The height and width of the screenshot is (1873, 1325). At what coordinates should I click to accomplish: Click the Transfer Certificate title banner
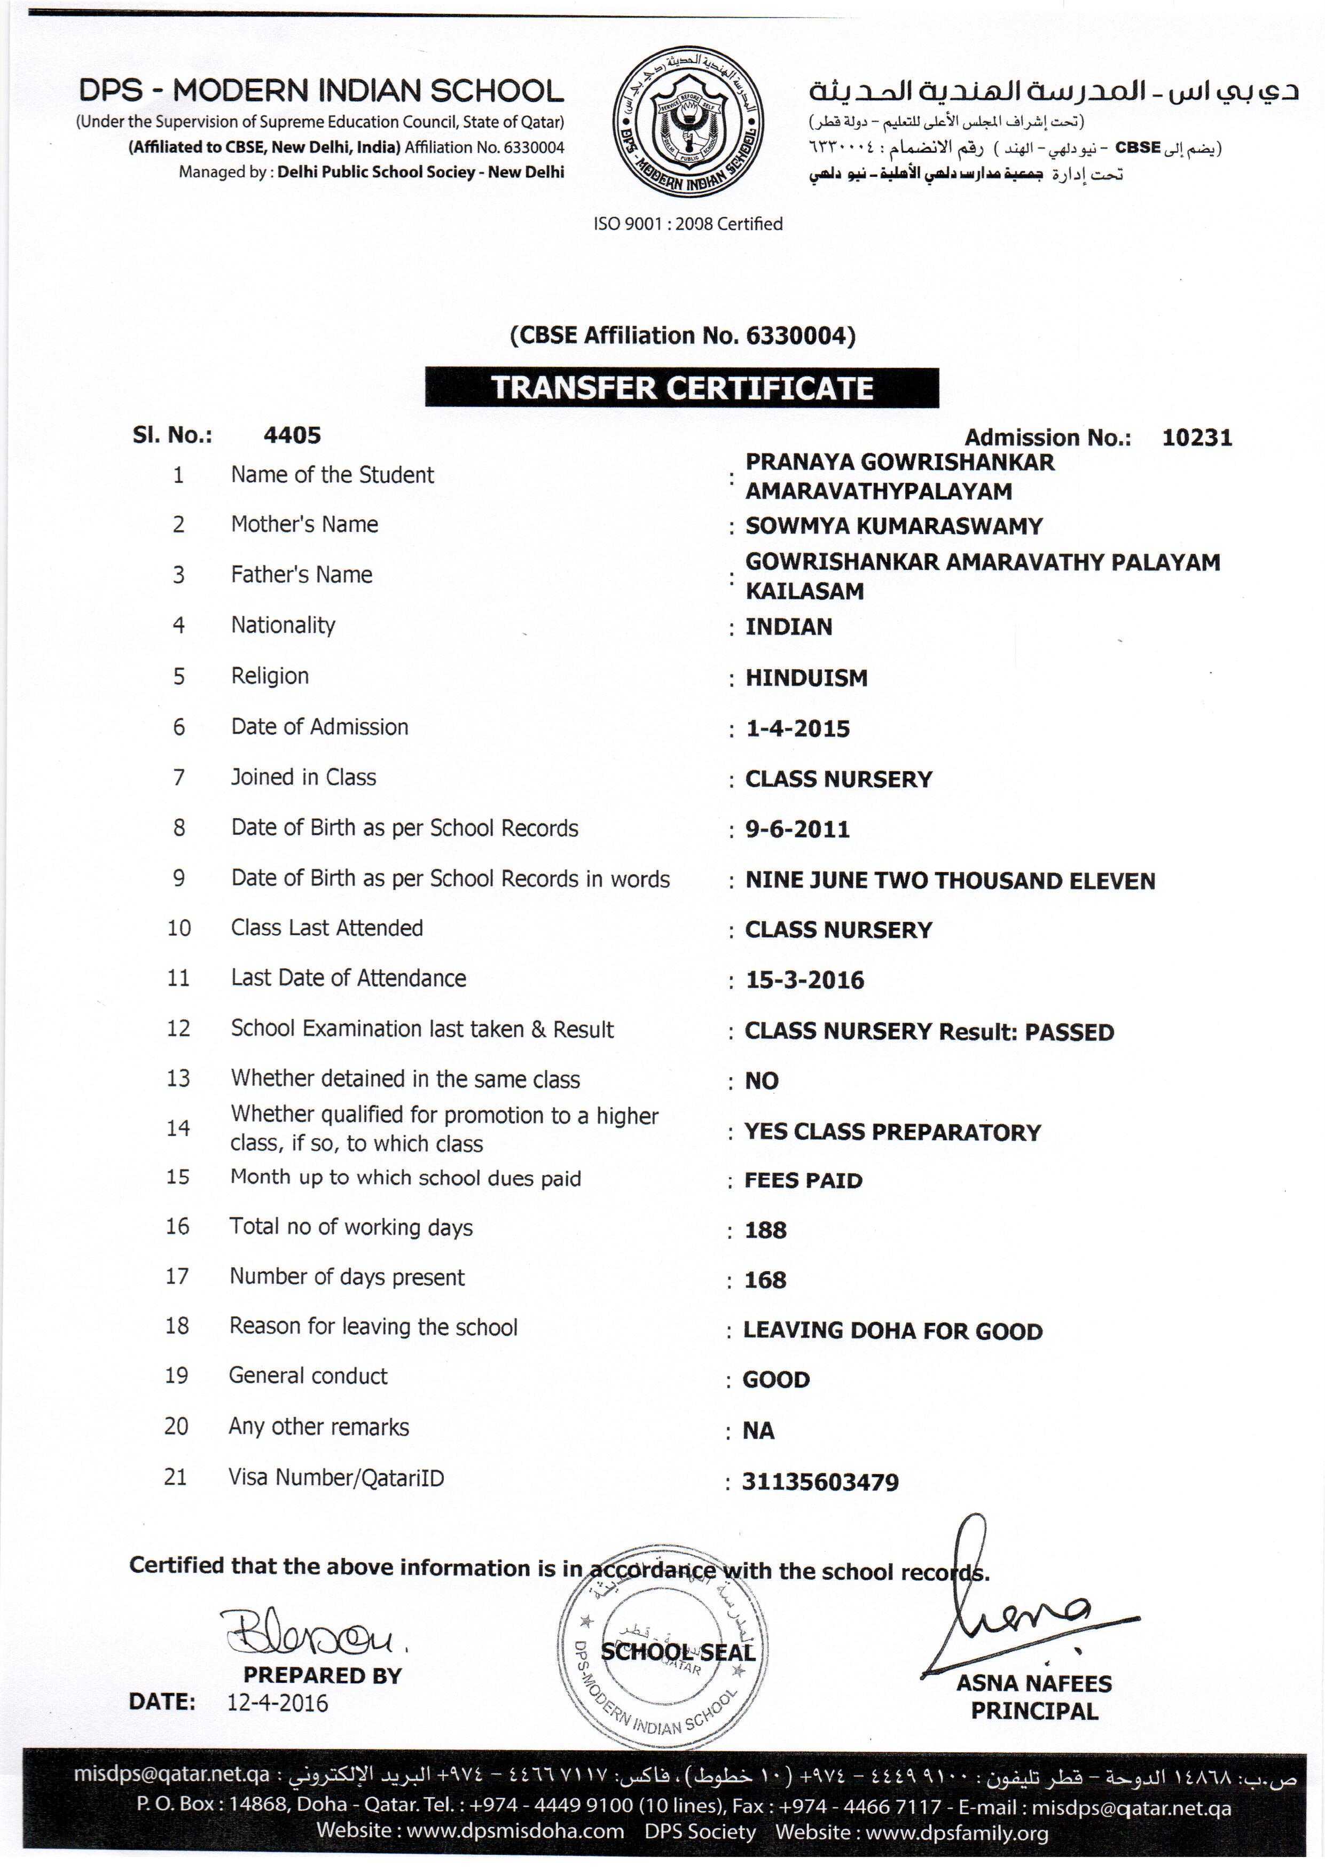pos(681,388)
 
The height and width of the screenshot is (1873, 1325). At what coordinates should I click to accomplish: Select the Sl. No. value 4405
pos(292,436)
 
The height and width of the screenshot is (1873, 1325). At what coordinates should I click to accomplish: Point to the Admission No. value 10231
pos(1196,438)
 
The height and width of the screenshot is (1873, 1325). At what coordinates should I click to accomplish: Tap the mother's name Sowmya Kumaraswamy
pos(893,526)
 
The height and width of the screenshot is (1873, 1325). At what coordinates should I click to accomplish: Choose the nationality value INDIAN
pos(788,628)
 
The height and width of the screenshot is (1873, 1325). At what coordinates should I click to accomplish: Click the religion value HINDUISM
pos(806,678)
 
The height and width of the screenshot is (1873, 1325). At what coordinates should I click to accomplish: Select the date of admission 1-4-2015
pos(797,728)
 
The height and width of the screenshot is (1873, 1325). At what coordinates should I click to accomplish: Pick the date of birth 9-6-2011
pos(797,829)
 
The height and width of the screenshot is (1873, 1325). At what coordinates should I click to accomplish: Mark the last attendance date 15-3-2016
pos(804,981)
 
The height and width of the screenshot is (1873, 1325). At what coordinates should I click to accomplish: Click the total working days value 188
pos(765,1230)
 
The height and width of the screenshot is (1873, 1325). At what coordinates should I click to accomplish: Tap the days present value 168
pos(765,1280)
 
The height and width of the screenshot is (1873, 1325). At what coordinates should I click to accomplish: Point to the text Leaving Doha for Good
pos(892,1331)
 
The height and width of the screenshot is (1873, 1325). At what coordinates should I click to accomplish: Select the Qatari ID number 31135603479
pos(820,1482)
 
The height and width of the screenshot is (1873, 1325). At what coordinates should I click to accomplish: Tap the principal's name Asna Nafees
pos(1034,1684)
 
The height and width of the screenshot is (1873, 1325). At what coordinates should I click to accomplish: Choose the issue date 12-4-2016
pos(277,1703)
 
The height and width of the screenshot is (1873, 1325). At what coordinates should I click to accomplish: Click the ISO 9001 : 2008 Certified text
pos(688,224)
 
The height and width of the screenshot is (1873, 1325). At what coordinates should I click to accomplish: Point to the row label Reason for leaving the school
pos(373,1327)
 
